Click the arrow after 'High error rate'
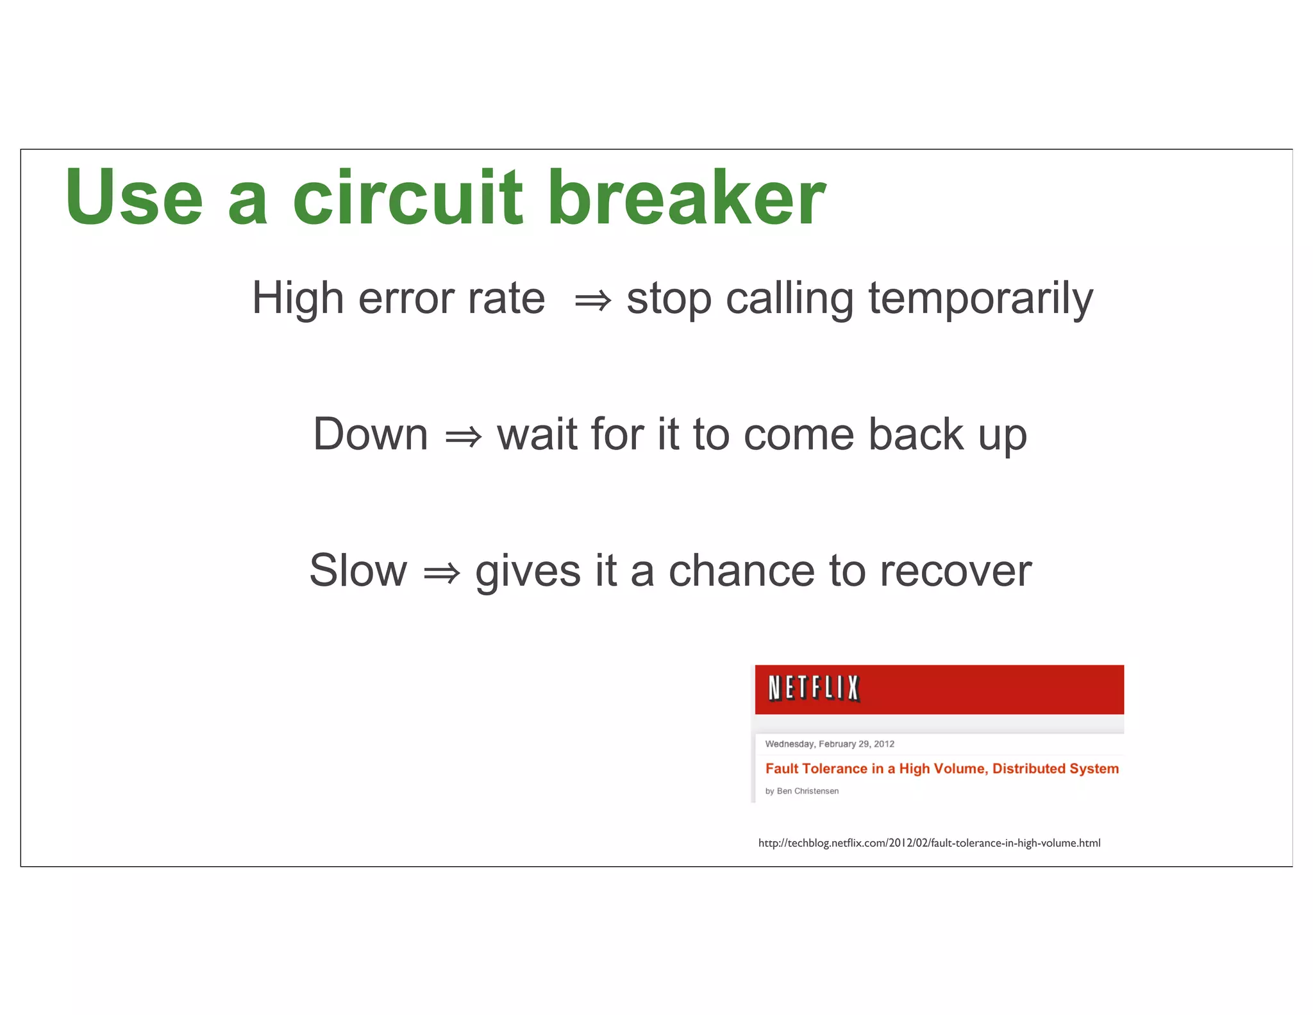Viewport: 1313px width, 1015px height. [592, 300]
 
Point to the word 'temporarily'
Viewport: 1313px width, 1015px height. [980, 300]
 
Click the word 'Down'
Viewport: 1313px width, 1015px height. [370, 434]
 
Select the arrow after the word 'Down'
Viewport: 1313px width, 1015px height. [463, 437]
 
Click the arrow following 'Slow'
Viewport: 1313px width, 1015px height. [442, 572]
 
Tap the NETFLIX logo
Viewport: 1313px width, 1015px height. [814, 688]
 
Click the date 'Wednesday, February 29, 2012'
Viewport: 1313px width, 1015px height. [830, 744]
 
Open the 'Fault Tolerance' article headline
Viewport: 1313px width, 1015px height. [941, 768]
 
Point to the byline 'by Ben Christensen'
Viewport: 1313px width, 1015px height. [801, 791]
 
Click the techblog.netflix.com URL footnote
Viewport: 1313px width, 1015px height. [929, 843]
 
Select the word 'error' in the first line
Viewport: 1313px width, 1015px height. [406, 300]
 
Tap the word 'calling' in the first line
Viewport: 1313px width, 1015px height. [789, 300]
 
